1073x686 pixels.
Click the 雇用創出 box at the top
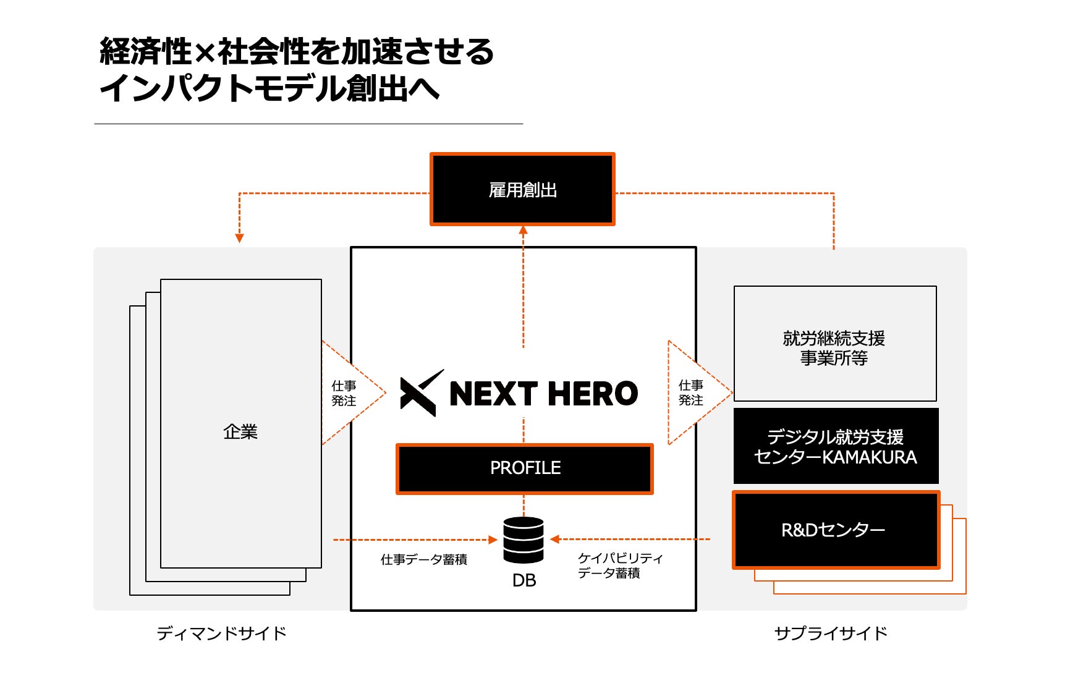tap(522, 189)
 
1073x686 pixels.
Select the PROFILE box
tap(525, 468)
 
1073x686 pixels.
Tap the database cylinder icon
tap(524, 540)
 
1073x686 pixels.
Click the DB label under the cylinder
tap(524, 580)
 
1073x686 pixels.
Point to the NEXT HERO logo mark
tap(421, 393)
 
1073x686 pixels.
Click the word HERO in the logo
tap(592, 394)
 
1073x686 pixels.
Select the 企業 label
tap(240, 431)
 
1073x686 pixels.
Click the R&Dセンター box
tap(836, 530)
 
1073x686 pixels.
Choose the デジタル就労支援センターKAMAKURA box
tap(836, 446)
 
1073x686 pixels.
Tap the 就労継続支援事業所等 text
tap(834, 348)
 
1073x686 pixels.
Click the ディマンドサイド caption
tap(221, 633)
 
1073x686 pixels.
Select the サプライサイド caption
tap(831, 633)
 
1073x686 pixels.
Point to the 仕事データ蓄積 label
tap(424, 559)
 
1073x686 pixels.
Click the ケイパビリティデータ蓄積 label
tap(620, 565)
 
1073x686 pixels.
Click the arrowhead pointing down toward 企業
tap(240, 238)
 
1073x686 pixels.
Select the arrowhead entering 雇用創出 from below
tap(524, 231)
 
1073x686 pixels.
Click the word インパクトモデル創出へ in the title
tap(269, 88)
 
